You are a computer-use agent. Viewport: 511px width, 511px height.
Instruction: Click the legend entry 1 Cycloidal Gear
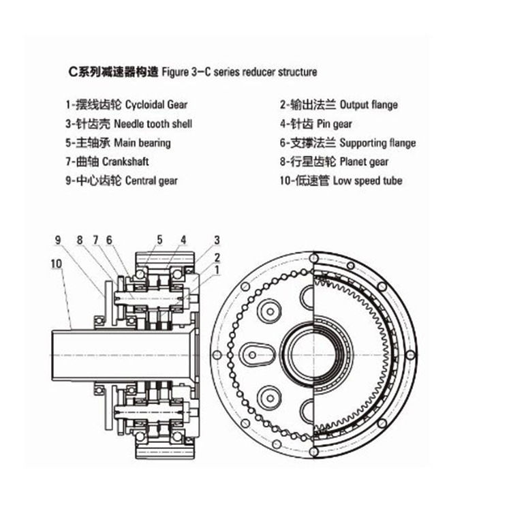(126, 105)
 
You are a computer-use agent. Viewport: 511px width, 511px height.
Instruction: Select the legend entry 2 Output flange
(339, 105)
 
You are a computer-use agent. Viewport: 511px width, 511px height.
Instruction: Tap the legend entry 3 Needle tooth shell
(129, 124)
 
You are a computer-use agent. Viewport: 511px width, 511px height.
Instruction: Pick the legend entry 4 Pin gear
(326, 124)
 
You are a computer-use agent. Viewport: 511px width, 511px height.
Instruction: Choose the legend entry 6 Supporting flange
(347, 143)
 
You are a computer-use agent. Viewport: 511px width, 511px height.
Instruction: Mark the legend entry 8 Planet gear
(334, 161)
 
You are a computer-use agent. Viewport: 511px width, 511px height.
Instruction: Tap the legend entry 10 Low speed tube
(341, 181)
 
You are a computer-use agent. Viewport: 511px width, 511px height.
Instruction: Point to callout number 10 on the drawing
(56, 263)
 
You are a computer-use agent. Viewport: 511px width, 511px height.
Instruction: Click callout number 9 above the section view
(59, 240)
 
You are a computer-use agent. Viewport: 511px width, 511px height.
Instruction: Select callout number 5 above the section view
(159, 239)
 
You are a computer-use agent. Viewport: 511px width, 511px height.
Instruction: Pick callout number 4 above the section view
(183, 239)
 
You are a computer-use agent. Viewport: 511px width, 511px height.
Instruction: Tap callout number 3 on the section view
(217, 240)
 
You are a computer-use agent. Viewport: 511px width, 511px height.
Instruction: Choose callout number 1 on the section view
(217, 270)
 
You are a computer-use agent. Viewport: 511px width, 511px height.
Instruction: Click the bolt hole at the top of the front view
(314, 258)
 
